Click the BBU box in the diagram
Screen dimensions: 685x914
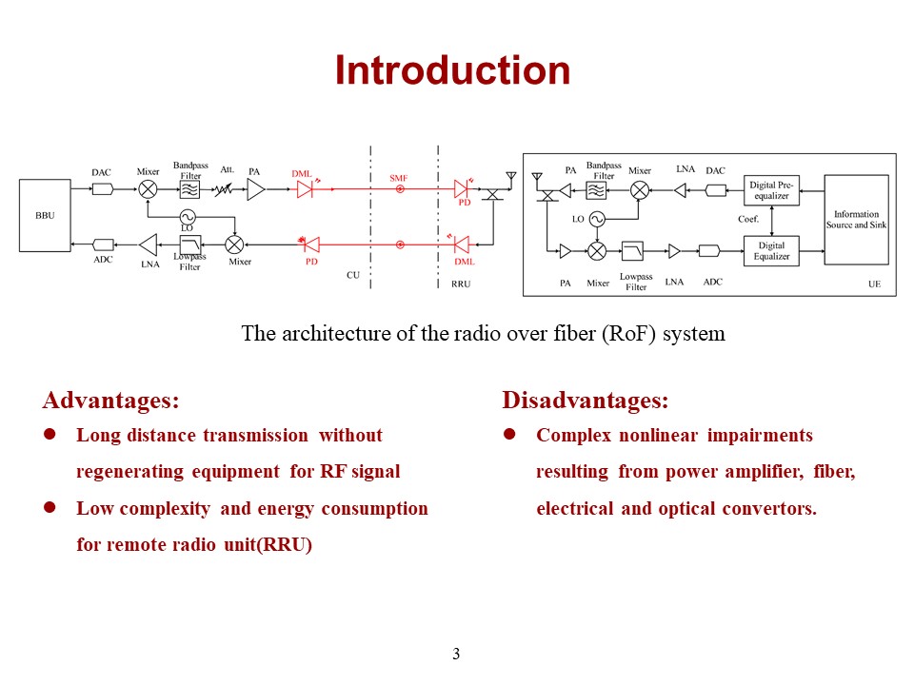click(45, 216)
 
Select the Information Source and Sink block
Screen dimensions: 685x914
click(856, 220)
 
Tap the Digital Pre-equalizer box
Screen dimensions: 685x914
click(772, 190)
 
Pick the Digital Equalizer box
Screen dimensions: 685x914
click(772, 251)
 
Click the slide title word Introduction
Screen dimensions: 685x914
click(452, 71)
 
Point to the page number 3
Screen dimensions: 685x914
click(456, 654)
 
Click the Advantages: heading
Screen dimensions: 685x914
click(110, 400)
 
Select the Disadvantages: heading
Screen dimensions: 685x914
click(585, 400)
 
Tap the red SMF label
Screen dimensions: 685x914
click(398, 178)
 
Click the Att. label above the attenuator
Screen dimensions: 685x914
click(227, 169)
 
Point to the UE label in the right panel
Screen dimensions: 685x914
click(874, 284)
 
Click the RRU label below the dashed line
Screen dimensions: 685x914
click(461, 284)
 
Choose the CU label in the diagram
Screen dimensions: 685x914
click(352, 274)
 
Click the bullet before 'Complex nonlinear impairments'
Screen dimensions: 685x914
click(508, 435)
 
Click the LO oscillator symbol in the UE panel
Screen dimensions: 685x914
click(597, 219)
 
